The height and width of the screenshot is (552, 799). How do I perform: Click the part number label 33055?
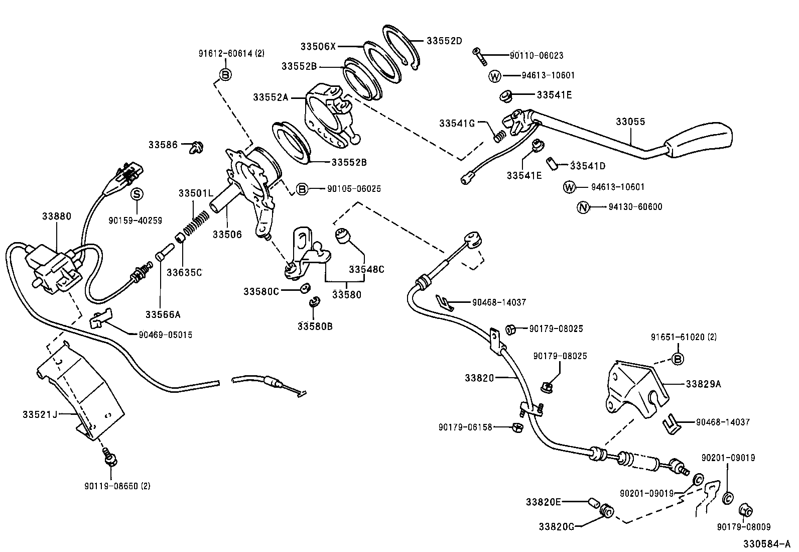tap(630, 122)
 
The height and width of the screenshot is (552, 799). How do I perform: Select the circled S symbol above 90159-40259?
tap(137, 194)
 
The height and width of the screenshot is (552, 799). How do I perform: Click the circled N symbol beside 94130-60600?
tap(583, 207)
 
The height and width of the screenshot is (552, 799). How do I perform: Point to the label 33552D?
tap(444, 41)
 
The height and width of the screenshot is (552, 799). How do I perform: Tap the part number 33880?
tap(57, 216)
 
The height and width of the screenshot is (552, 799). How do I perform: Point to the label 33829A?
tap(703, 384)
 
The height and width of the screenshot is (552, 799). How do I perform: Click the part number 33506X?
tap(318, 46)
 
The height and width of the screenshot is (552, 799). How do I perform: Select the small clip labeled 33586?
tap(197, 147)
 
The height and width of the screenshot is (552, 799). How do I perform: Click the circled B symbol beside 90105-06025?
tap(301, 189)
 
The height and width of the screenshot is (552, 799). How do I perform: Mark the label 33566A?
tap(162, 315)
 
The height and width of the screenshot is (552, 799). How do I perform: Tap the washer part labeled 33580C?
tap(304, 289)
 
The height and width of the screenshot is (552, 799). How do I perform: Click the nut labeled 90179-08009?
tap(745, 511)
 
